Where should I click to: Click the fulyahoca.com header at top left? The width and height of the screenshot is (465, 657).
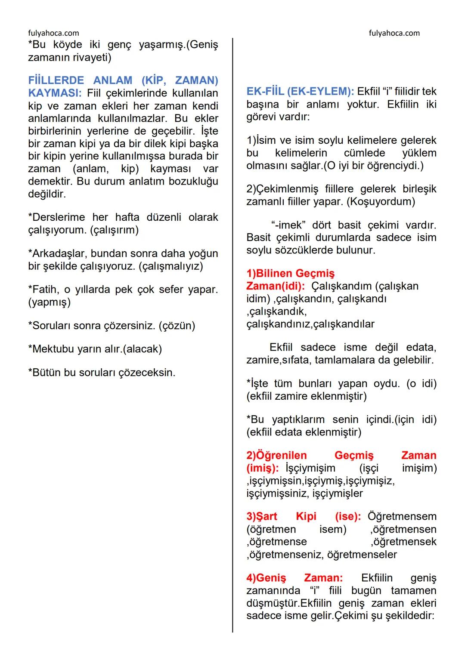53,33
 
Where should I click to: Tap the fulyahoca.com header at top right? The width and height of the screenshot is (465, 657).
394,33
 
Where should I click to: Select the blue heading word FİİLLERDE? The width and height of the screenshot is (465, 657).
56,80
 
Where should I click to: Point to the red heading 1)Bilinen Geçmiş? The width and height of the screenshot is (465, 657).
290,274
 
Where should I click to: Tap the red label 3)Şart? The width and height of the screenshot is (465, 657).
262,517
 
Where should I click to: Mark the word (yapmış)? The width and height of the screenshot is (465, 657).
49,302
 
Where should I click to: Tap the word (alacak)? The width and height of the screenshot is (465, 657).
142,349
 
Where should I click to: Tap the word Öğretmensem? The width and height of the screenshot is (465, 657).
402,517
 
